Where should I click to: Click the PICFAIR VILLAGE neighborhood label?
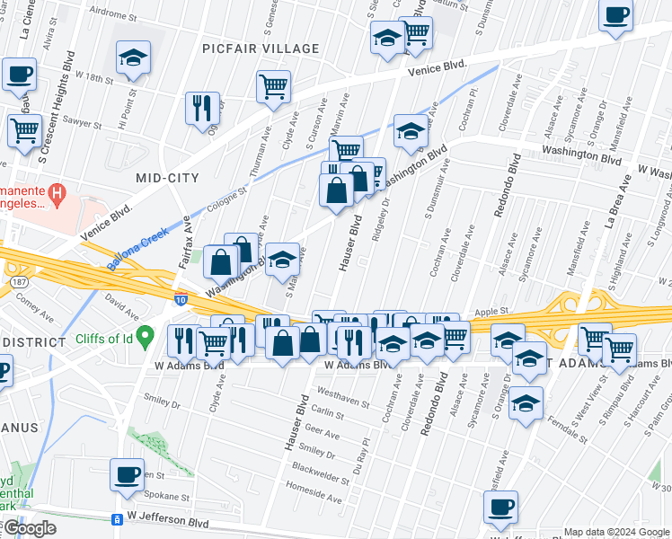[261, 49]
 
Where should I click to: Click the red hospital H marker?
[57, 192]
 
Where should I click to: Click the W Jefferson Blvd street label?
[168, 520]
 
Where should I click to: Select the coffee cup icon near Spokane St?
[127, 473]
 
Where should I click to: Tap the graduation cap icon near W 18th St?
[133, 58]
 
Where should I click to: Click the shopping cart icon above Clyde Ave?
[273, 87]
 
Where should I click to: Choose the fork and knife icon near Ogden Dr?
[202, 107]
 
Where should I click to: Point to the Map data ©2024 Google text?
[617, 533]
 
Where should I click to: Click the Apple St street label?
[491, 312]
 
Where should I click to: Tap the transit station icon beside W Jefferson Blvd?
[116, 520]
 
